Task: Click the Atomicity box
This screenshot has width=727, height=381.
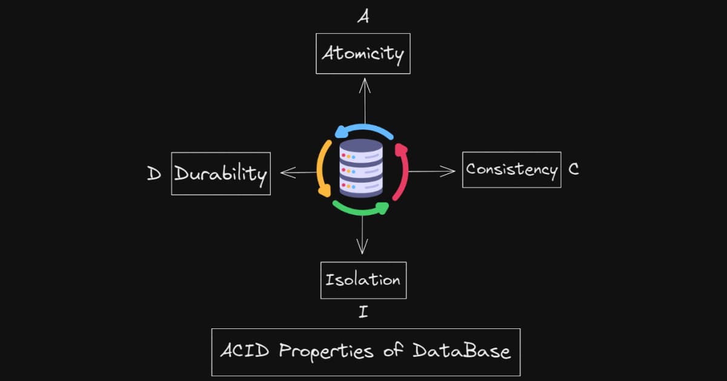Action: [x=363, y=54]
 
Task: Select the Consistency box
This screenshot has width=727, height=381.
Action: [x=511, y=169]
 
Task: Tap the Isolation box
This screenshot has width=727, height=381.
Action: [x=363, y=280]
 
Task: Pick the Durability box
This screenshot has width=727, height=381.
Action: [x=221, y=174]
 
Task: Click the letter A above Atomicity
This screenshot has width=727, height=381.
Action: [x=363, y=18]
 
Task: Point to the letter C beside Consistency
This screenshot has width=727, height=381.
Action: [x=573, y=169]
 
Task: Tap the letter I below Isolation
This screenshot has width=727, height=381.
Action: [x=363, y=313]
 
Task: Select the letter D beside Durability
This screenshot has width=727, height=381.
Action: [x=154, y=174]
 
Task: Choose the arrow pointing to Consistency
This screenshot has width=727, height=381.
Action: [x=432, y=172]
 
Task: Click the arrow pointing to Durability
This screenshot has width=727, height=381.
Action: [x=298, y=173]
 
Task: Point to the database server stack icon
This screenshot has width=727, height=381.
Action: [x=361, y=168]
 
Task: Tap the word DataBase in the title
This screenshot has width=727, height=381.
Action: [x=462, y=351]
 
